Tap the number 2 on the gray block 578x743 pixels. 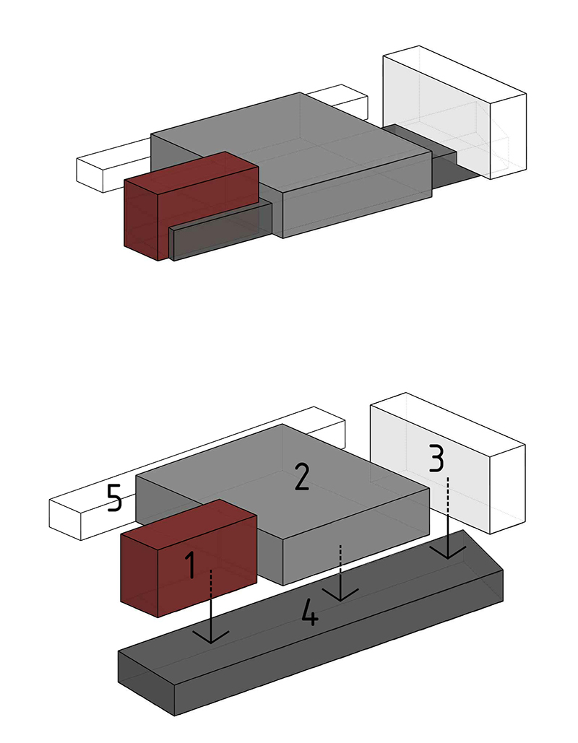tap(301, 477)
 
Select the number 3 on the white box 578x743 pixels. tap(436, 457)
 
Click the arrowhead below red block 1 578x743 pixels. tap(211, 637)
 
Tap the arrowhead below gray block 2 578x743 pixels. tap(340, 594)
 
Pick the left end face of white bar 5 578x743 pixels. tap(61, 520)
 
